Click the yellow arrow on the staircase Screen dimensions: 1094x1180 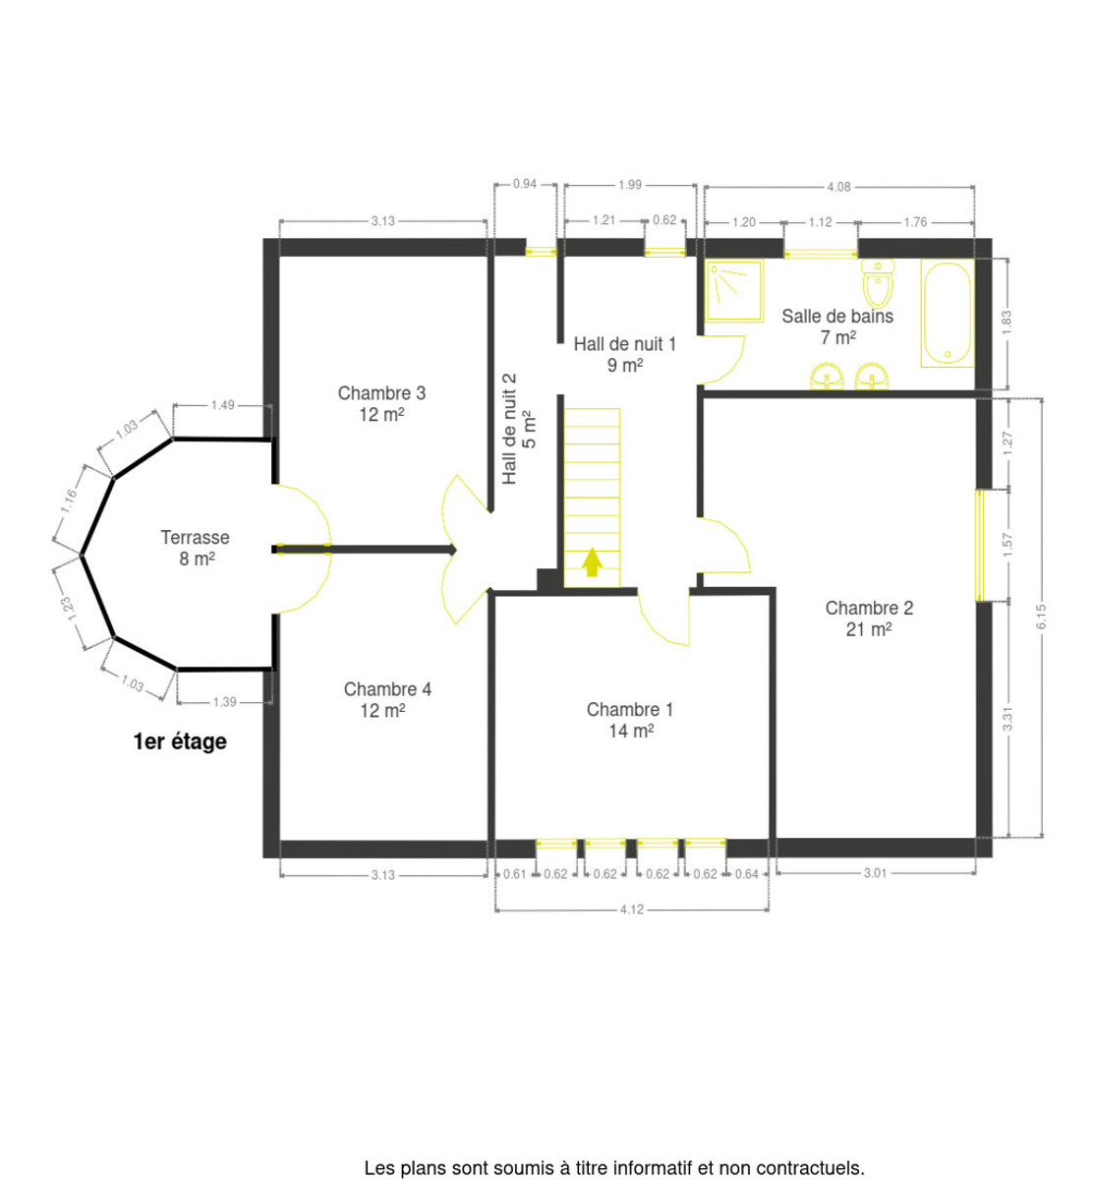(592, 562)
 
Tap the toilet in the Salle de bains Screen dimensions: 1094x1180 (877, 283)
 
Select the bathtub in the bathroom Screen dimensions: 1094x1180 (947, 313)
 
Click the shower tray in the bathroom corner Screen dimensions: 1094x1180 (734, 291)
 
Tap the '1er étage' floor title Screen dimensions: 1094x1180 (180, 741)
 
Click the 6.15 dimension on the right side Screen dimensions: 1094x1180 (1041, 617)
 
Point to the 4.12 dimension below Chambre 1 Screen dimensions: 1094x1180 (631, 909)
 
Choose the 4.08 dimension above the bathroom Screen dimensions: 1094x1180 (838, 187)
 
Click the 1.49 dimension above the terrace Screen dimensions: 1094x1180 (223, 405)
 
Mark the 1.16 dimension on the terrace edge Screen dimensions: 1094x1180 (69, 501)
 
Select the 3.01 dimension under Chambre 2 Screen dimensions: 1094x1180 (875, 873)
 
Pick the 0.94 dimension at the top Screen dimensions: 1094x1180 (525, 184)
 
